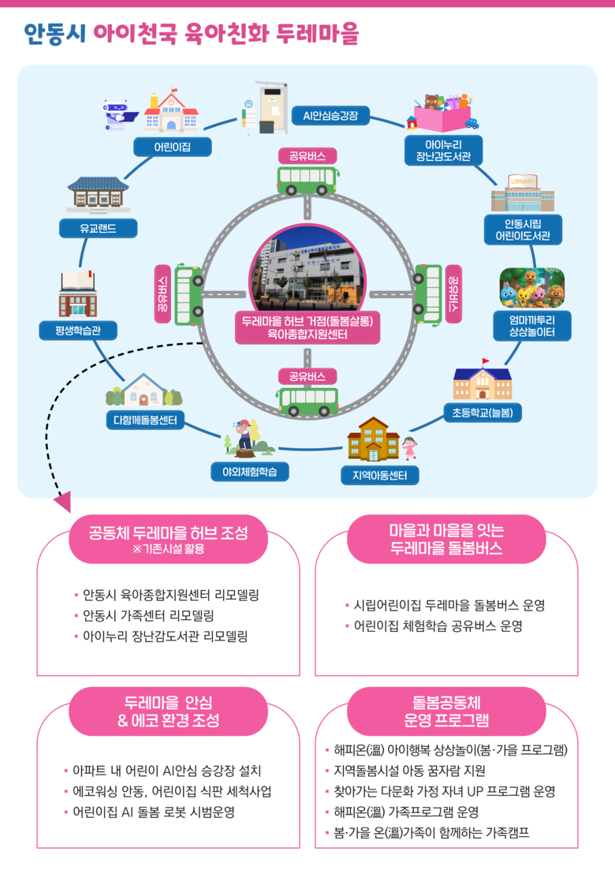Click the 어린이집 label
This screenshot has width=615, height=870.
(173, 147)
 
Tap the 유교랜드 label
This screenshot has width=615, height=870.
(99, 229)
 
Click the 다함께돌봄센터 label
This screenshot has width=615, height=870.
(145, 420)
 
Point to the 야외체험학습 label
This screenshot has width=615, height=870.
(249, 472)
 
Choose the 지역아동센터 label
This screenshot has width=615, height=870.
(380, 476)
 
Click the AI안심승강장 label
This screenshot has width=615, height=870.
(330, 116)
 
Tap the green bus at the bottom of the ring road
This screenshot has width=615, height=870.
(307, 401)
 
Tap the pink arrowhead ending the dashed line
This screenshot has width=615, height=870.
(61, 502)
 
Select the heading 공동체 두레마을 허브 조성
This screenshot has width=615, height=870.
(169, 532)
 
